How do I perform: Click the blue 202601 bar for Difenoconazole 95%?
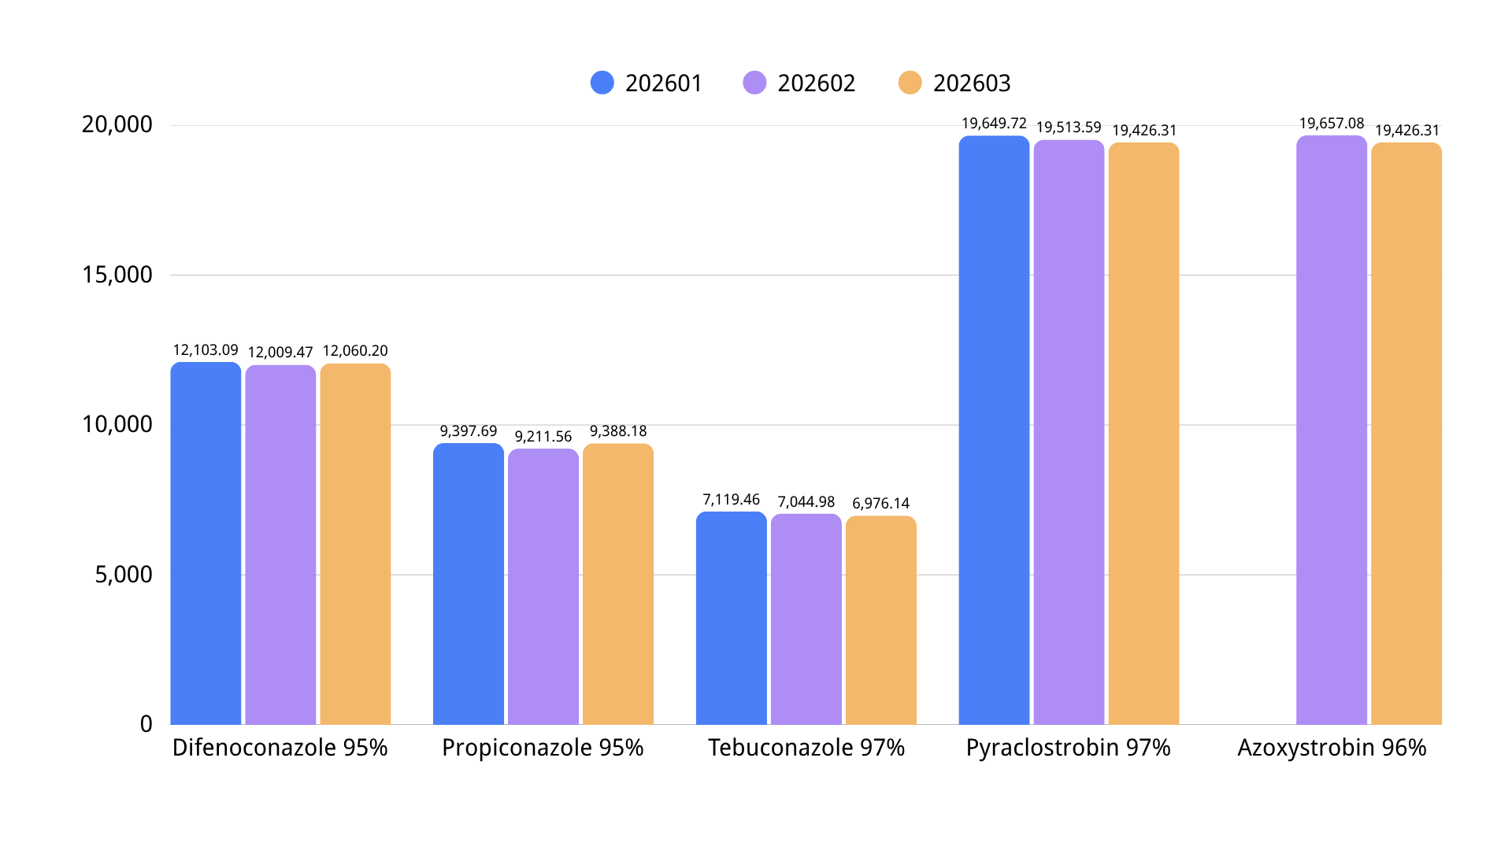(206, 543)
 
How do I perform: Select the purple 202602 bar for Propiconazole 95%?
(543, 586)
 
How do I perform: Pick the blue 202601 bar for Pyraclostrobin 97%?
(994, 430)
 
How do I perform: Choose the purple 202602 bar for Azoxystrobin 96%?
(1331, 430)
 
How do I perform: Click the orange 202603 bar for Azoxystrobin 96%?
(1406, 433)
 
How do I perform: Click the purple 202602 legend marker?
(754, 83)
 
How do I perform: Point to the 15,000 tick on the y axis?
(117, 275)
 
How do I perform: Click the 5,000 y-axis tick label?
(124, 575)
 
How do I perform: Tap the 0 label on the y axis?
(146, 724)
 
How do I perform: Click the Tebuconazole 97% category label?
(806, 748)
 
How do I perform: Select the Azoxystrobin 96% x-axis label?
(1332, 748)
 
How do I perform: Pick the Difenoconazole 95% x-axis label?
(280, 748)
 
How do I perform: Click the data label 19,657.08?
(1331, 124)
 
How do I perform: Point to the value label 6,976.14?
(880, 504)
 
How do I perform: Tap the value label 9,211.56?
(543, 437)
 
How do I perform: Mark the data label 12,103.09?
(206, 350)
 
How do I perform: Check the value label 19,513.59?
(1069, 128)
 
